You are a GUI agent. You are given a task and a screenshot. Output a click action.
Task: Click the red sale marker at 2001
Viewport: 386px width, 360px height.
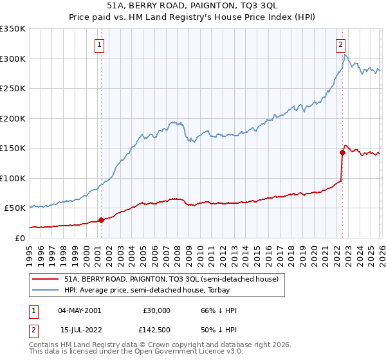coord(101,220)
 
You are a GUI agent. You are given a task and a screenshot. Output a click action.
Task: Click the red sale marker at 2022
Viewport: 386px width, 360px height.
coord(342,152)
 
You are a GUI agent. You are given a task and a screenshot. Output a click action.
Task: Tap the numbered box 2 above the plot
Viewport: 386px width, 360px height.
coord(340,45)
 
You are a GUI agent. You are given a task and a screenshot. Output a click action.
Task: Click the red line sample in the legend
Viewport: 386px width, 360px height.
coord(45,280)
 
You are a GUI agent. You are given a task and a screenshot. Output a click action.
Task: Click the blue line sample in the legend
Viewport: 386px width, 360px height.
coord(45,291)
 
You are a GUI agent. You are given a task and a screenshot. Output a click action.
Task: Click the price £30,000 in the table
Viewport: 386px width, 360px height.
coord(157,310)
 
